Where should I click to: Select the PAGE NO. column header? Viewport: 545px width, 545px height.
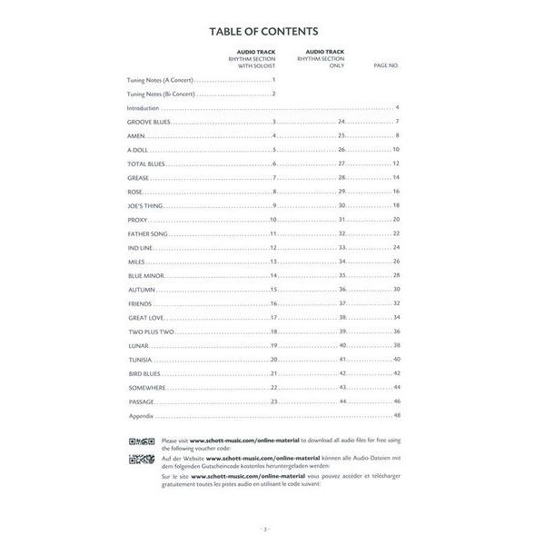386,66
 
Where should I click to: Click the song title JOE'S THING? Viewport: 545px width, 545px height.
144,205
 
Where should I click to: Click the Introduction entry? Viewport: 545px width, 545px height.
143,108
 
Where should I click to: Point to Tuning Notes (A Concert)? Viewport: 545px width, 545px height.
160,81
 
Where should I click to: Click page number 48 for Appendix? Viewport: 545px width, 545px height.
397,415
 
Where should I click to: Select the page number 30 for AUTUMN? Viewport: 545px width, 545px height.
397,289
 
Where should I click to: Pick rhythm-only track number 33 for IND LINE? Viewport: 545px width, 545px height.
342,247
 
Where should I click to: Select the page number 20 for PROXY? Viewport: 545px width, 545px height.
397,220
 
